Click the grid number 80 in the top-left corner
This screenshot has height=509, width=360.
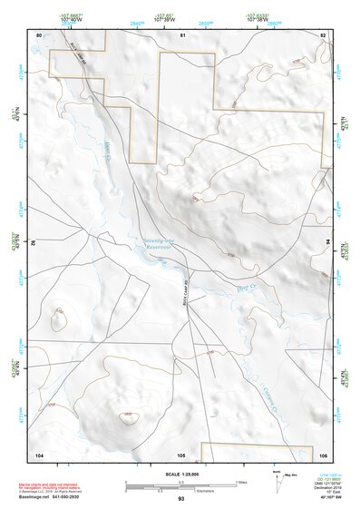click(x=39, y=34)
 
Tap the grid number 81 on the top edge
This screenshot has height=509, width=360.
click(x=182, y=34)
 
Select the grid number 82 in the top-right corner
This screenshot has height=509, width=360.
click(x=322, y=34)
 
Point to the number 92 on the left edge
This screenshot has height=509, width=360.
click(x=34, y=243)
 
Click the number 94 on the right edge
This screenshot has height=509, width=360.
click(x=327, y=243)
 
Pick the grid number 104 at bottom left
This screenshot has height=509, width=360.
click(x=39, y=453)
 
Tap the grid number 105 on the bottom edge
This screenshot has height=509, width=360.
click(x=181, y=453)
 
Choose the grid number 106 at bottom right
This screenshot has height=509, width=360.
click(x=322, y=453)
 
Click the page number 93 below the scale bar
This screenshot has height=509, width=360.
click(x=181, y=498)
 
